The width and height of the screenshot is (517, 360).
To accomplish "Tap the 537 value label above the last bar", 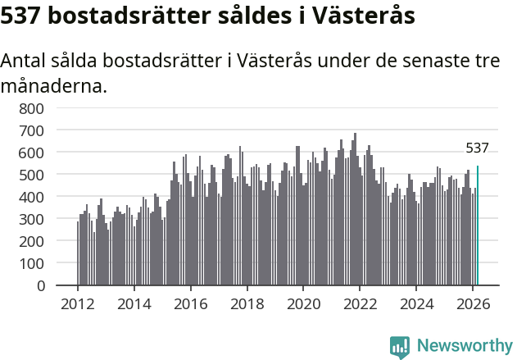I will pyautogui.click(x=477, y=148).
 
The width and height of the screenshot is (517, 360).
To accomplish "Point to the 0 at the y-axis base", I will pyautogui.click(x=40, y=286).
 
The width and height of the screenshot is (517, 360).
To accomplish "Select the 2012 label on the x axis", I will pyautogui.click(x=78, y=303).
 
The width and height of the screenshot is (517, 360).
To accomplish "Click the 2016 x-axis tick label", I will pyautogui.click(x=191, y=303).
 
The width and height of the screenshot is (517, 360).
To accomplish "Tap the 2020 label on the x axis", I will pyautogui.click(x=303, y=303).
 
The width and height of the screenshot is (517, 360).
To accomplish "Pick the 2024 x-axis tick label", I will pyautogui.click(x=416, y=303).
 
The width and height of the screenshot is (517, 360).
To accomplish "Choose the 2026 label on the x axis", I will pyautogui.click(x=473, y=303).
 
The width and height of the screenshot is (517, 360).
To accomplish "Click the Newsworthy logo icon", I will pyautogui.click(x=400, y=347).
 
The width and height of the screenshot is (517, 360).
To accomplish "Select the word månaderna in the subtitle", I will pyautogui.click(x=54, y=84).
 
